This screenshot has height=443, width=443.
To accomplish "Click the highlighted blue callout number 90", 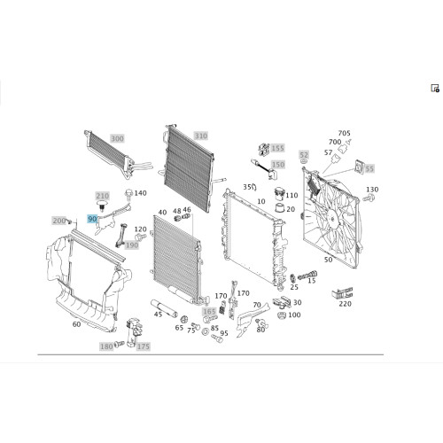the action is (92, 219).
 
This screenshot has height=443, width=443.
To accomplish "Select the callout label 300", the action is (117, 138).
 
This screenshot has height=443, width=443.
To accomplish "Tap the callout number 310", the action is (201, 136).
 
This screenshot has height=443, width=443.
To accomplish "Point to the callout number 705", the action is (344, 133).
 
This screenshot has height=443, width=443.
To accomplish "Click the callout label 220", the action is (345, 304).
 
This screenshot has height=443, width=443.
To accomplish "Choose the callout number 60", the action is (76, 324).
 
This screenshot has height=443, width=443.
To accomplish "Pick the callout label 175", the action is (143, 346).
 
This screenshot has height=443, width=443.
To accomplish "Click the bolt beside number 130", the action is (369, 198).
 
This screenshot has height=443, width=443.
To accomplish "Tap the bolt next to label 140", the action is (128, 193).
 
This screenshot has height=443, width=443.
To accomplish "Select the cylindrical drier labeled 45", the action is (164, 308).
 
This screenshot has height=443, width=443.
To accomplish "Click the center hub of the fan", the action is (332, 219).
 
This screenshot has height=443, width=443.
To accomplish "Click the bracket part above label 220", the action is (342, 293).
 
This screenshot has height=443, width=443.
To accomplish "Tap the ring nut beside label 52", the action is (303, 161).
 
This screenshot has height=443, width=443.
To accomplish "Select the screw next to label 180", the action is (120, 344).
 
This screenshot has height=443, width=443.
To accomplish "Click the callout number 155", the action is (277, 148).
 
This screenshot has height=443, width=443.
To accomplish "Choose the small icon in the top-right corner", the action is (435, 88).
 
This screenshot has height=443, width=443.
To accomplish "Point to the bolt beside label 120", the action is (140, 237).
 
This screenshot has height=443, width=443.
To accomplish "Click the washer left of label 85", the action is (206, 331).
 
